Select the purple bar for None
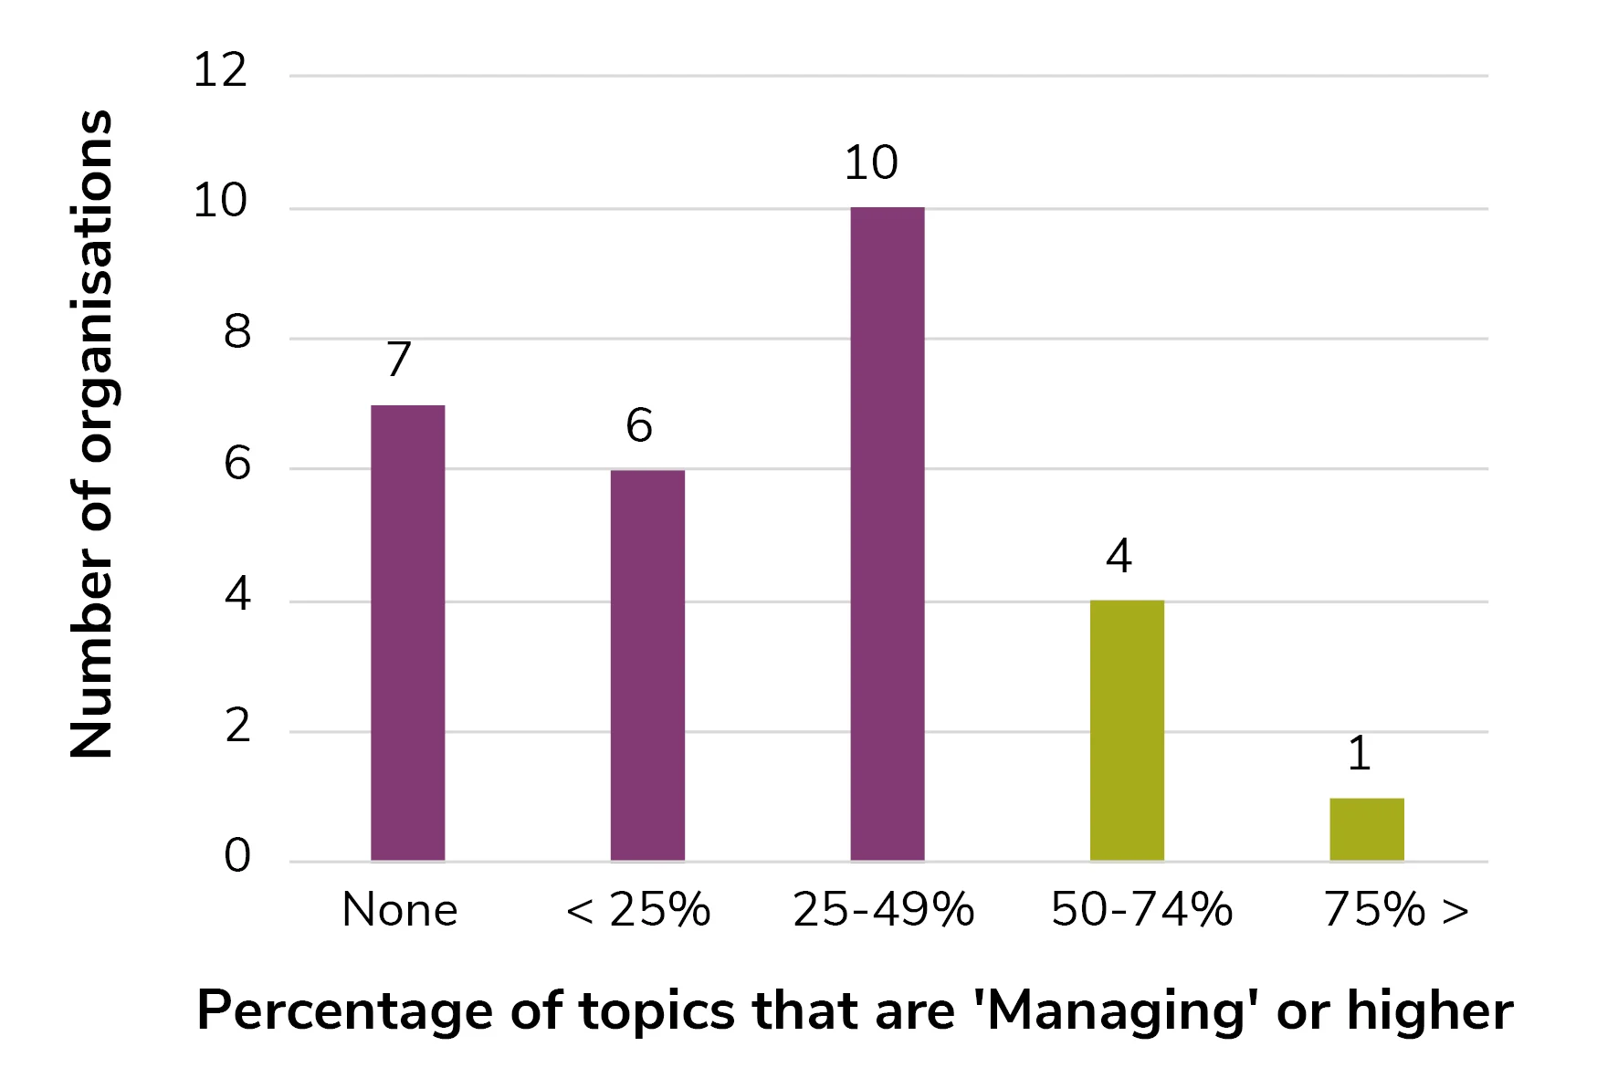(407, 633)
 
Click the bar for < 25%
(647, 665)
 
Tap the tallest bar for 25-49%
(887, 534)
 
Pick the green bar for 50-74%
(1127, 730)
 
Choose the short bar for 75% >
(1366, 829)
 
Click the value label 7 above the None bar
(399, 360)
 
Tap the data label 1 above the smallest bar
(1360, 754)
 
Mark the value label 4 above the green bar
(1119, 556)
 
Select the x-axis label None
(400, 910)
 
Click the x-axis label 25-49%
(883, 910)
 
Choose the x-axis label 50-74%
(1141, 910)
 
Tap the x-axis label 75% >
(1396, 910)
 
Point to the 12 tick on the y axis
(220, 70)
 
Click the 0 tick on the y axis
(237, 856)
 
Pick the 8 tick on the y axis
(237, 333)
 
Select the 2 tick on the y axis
(237, 727)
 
